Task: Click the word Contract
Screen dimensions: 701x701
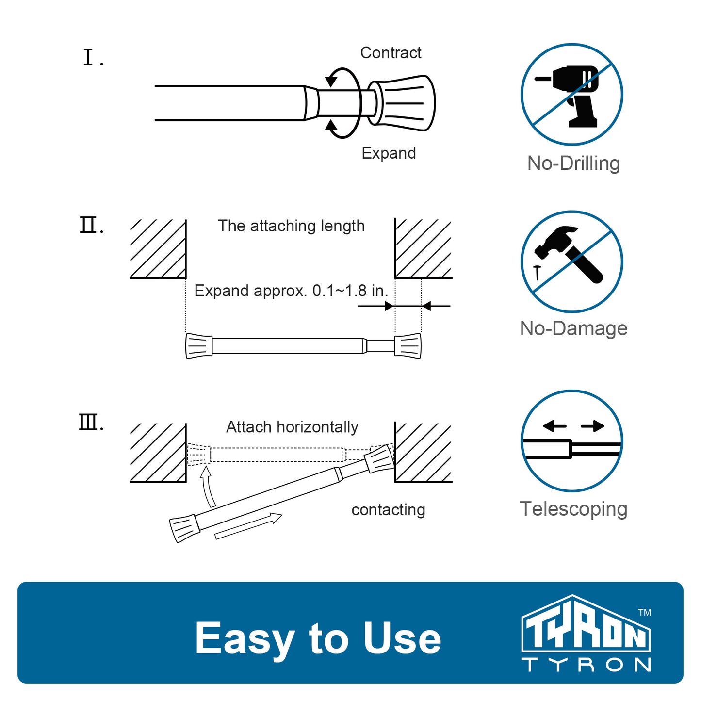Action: coord(391,53)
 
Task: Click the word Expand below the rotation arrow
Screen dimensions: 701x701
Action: coord(389,153)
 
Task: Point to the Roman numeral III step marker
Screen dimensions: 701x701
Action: coord(91,423)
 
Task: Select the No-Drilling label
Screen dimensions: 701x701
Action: coord(573,163)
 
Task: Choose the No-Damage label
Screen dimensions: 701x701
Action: coord(574,328)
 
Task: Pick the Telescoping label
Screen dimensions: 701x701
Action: coord(574,508)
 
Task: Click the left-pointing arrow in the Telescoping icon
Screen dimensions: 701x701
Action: coord(555,426)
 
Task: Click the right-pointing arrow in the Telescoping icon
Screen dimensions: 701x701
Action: coord(593,426)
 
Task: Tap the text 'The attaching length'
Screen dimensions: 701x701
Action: coord(291,226)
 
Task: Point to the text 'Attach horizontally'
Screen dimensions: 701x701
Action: coord(292,427)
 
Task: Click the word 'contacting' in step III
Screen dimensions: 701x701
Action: coord(388,510)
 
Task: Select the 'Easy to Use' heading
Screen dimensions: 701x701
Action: coord(318,638)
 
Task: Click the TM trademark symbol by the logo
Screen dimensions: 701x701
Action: coord(645,613)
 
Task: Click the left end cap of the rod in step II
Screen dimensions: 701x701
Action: coord(199,345)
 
